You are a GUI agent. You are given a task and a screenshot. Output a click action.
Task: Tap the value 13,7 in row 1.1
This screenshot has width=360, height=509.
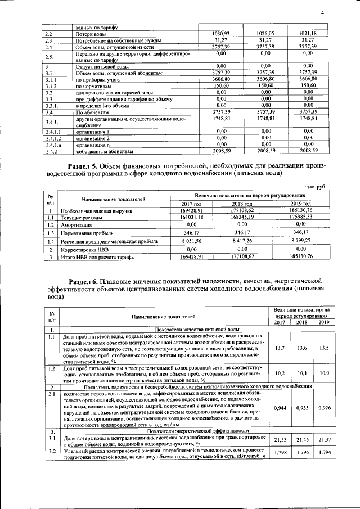pyautogui.click(x=280, y=348)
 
